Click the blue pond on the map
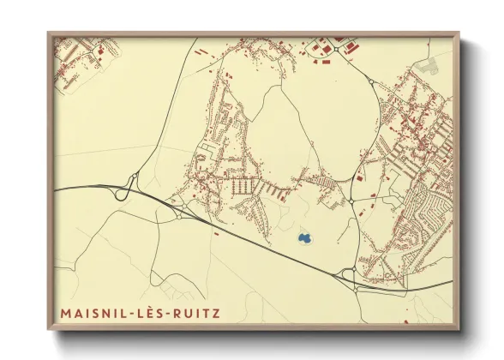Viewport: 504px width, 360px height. (x=303, y=237)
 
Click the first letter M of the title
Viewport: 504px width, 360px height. (x=65, y=313)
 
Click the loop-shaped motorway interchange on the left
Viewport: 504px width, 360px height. (x=131, y=183)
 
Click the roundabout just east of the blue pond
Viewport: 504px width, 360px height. (x=351, y=202)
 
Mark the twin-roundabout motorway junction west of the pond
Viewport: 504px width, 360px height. (x=179, y=210)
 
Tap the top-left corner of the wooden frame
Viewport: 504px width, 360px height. (x=49, y=33)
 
